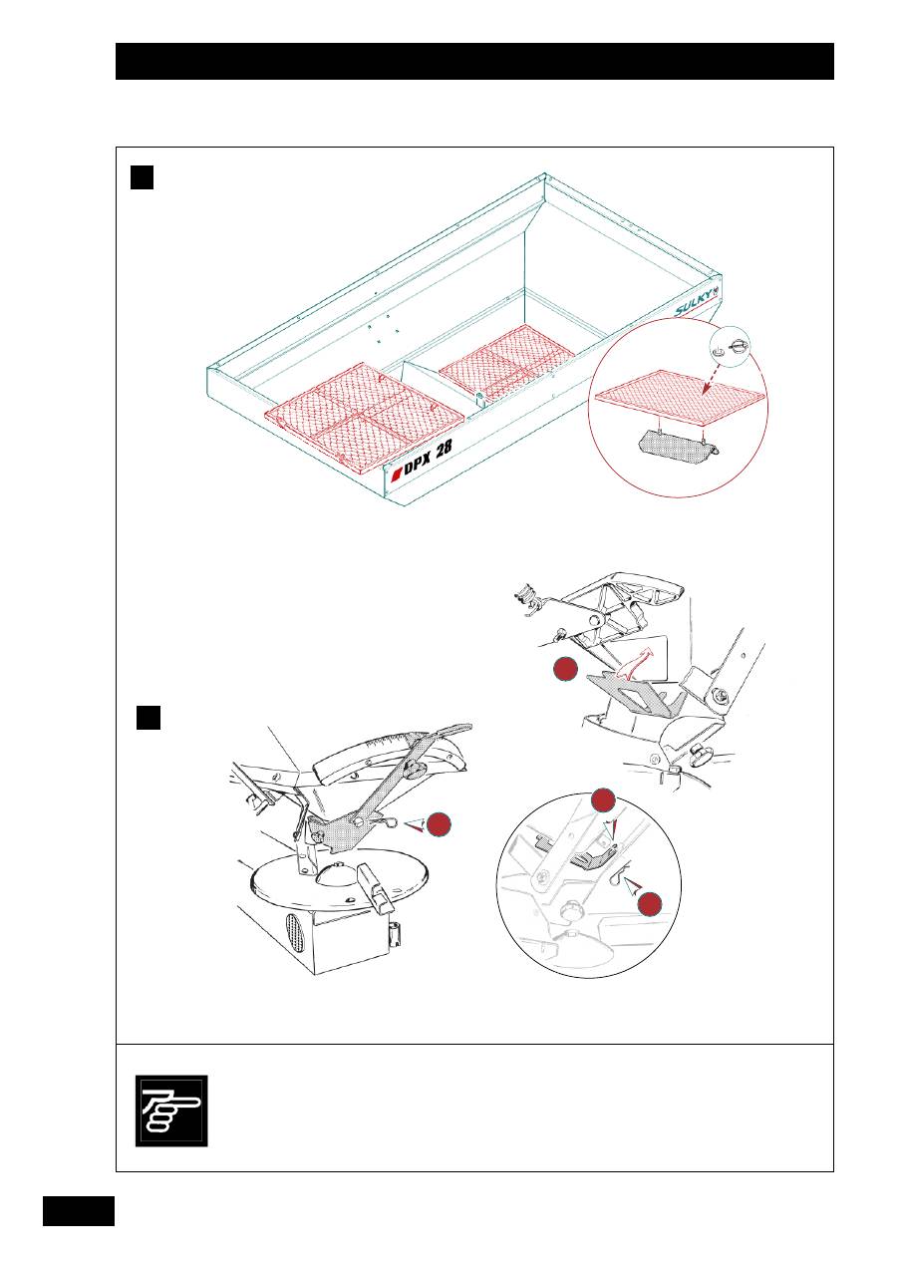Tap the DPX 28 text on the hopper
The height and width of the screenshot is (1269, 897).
coord(427,459)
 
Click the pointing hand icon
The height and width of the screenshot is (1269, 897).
coord(171,1110)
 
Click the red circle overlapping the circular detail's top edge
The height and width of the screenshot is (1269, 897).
coord(602,800)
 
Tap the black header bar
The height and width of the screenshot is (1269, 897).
coord(474,61)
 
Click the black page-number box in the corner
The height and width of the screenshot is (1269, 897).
coord(79,1213)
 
